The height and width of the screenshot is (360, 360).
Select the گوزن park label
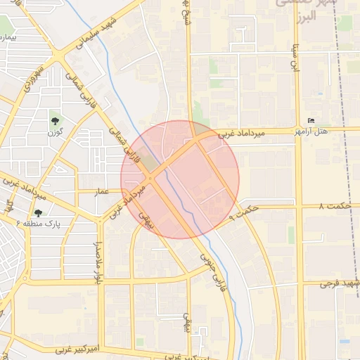point(56,131)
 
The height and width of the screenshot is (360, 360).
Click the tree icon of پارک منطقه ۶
point(38,212)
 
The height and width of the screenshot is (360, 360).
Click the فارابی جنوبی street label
point(214,272)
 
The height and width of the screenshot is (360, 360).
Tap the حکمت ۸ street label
point(333,207)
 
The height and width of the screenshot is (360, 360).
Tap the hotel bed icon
point(311,120)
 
